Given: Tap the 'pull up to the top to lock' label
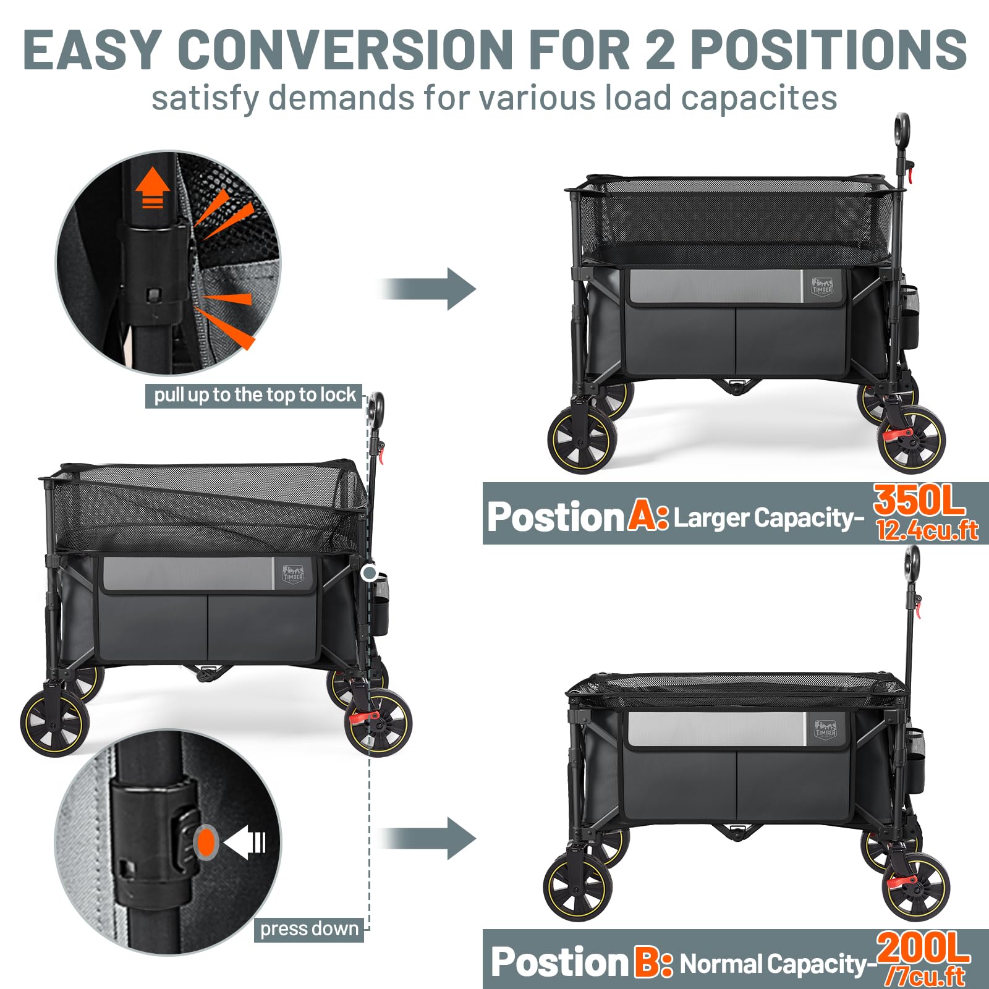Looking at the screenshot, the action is [254, 395].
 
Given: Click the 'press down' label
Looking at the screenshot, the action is [308, 929].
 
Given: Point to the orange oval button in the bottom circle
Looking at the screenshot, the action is [206, 842].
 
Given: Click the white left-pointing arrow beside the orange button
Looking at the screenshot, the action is [245, 842].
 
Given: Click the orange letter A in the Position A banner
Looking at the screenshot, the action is [644, 516].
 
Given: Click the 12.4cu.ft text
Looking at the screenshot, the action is [927, 532].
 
